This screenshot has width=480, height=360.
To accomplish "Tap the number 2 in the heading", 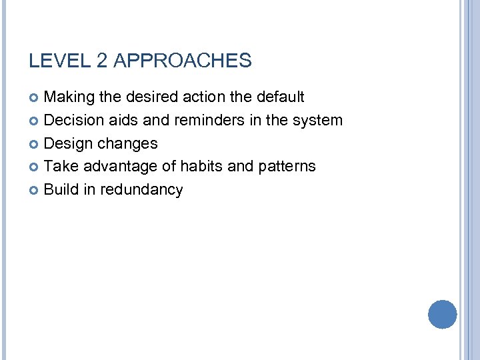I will (102, 61).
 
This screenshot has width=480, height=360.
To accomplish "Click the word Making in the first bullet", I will (69, 97).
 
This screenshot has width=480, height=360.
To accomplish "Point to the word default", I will (277, 97).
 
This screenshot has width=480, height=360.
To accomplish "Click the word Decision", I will (74, 121).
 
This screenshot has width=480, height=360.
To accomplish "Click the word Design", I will (69, 144).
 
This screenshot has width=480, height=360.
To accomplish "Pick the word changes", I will (127, 144).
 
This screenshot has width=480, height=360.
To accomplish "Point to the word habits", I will (199, 167).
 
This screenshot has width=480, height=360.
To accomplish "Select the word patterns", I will (286, 167).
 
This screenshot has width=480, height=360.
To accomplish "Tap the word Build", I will (61, 190).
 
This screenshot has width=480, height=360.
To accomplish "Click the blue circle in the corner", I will (442, 315).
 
